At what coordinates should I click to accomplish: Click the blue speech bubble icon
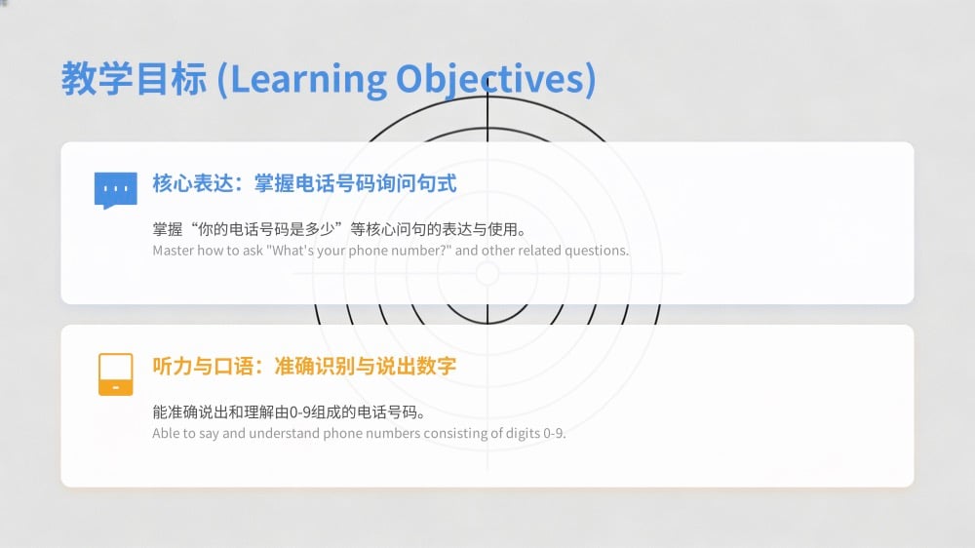116,190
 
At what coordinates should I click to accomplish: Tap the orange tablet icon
116,374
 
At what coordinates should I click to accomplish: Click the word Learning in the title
308,80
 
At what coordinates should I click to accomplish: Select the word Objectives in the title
488,80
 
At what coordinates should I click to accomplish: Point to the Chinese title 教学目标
134,79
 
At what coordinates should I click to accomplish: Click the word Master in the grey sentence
173,251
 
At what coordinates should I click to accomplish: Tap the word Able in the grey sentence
165,433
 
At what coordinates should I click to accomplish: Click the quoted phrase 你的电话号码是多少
267,229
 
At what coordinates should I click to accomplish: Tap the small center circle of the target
487,273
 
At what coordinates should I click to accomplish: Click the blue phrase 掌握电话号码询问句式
356,183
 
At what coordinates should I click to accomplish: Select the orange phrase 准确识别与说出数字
366,366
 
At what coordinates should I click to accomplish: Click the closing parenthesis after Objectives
590,80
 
